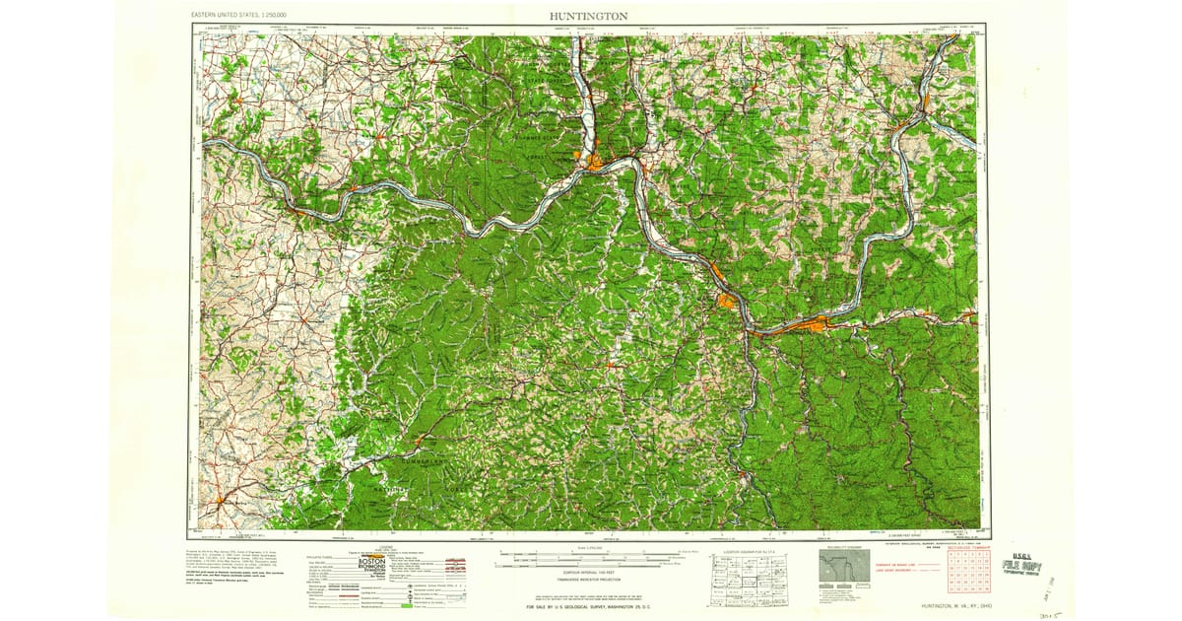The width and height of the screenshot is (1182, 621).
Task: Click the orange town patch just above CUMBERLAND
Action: [x=421, y=440]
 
